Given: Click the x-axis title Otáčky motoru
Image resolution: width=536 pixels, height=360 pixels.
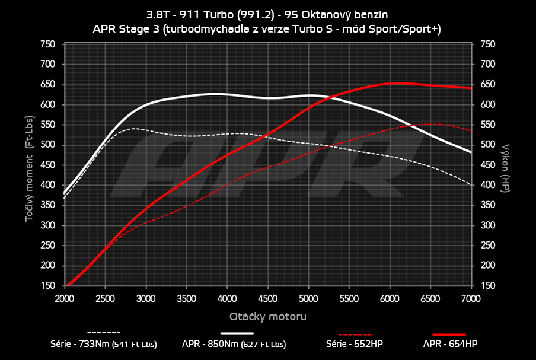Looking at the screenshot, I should click(x=267, y=317).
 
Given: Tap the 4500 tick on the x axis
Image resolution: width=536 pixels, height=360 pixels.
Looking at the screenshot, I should click(x=268, y=297).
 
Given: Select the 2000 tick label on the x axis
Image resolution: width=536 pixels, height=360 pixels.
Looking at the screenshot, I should click(x=65, y=297).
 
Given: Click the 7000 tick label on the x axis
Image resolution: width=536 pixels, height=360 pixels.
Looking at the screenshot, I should click(x=471, y=297).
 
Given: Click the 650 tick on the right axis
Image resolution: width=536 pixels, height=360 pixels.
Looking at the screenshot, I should click(x=487, y=85).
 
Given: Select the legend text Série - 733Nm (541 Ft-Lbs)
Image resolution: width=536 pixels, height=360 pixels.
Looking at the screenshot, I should click(x=103, y=344).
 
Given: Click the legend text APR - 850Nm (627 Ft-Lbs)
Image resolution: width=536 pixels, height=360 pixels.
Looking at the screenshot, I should click(x=235, y=344).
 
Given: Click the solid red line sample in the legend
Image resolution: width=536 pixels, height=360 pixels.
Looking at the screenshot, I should click(x=449, y=334).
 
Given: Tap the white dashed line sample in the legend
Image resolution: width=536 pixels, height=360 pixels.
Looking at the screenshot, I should click(x=103, y=333).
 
